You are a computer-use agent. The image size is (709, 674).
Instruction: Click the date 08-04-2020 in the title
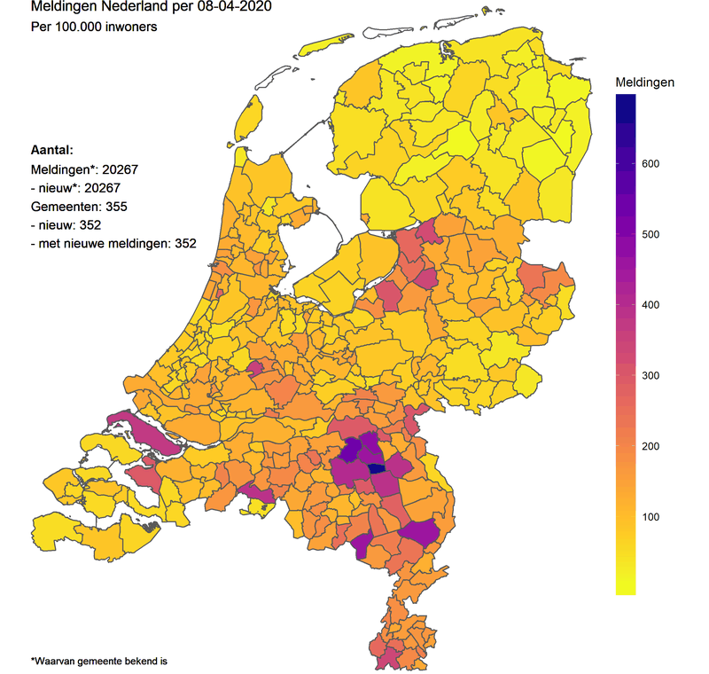(x=234, y=8)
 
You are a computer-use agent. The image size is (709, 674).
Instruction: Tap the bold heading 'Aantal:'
(x=51, y=151)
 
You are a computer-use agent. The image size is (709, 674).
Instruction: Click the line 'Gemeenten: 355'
(x=81, y=206)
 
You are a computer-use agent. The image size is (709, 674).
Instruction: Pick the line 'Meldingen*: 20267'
(x=85, y=169)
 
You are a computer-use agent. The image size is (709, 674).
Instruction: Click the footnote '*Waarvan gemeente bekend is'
(x=99, y=661)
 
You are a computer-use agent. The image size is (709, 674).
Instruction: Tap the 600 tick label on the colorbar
(x=652, y=164)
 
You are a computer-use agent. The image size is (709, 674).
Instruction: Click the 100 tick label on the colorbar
(x=652, y=516)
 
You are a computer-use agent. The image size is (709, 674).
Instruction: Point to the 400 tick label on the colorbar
(x=652, y=305)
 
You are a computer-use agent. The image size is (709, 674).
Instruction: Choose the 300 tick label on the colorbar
(x=652, y=375)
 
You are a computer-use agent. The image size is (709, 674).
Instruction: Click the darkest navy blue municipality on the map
(x=376, y=468)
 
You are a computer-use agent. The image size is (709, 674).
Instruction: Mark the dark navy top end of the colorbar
(x=626, y=103)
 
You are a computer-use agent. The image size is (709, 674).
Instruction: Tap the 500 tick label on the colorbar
(x=652, y=234)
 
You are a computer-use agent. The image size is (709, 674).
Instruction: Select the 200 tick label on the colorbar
(x=652, y=446)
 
